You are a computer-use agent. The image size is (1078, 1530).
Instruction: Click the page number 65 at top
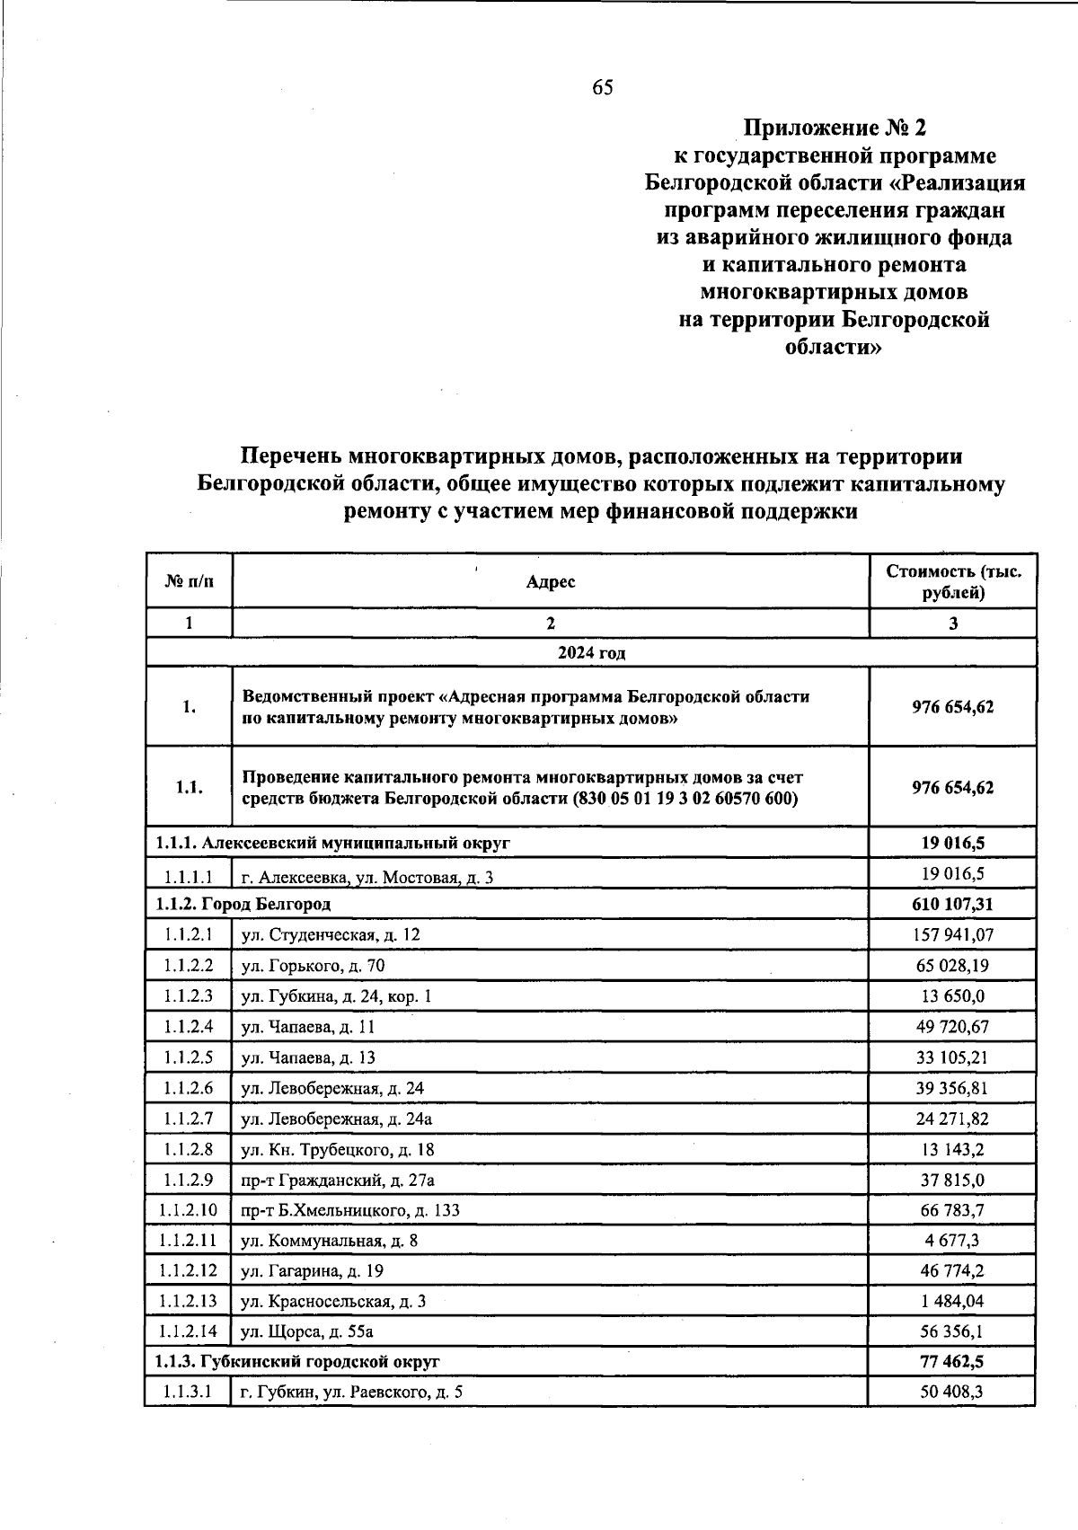point(603,87)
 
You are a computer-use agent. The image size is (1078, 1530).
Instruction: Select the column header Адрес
point(550,582)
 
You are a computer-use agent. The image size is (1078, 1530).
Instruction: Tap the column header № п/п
point(190,582)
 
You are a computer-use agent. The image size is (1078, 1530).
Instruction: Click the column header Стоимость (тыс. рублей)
point(953,582)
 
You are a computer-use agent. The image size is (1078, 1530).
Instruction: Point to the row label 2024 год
point(591,653)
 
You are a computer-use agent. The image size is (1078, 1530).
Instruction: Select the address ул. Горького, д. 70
point(314,966)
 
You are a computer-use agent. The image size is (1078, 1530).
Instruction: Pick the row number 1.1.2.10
point(189,1210)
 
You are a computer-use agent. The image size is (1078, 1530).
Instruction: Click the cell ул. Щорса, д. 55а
point(306,1331)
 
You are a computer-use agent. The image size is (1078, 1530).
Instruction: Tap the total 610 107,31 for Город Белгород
point(953,904)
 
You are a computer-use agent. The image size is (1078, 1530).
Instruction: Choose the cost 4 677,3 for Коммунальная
point(953,1241)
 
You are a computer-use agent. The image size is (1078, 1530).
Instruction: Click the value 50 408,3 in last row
point(953,1393)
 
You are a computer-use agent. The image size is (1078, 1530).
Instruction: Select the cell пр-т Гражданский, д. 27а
point(338,1180)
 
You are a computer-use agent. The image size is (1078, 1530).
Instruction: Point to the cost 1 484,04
point(953,1301)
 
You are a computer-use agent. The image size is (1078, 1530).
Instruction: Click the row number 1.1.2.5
point(189,1057)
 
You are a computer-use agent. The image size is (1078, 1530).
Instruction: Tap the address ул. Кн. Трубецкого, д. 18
point(338,1149)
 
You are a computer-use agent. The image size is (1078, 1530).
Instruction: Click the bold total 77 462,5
point(953,1362)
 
